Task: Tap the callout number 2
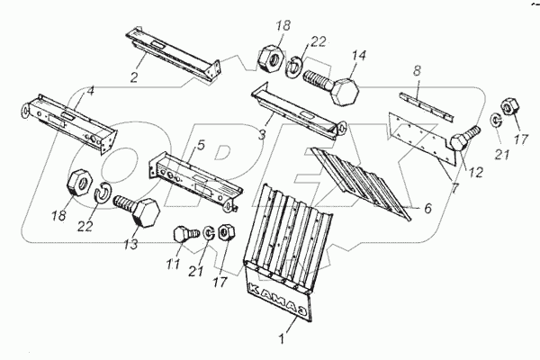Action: point(134,77)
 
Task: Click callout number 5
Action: point(201,144)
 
